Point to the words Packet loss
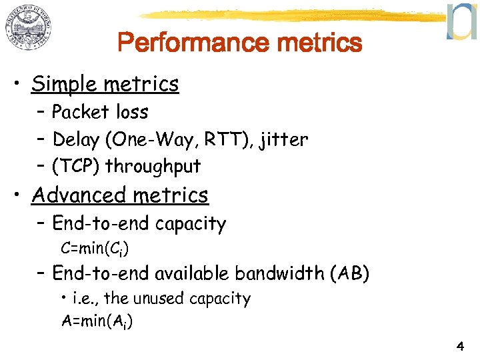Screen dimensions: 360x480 tap(100, 112)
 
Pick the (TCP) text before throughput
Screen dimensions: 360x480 tap(76, 165)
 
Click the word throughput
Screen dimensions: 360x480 tap(153, 166)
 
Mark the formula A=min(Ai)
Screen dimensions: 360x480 tap(96, 321)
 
